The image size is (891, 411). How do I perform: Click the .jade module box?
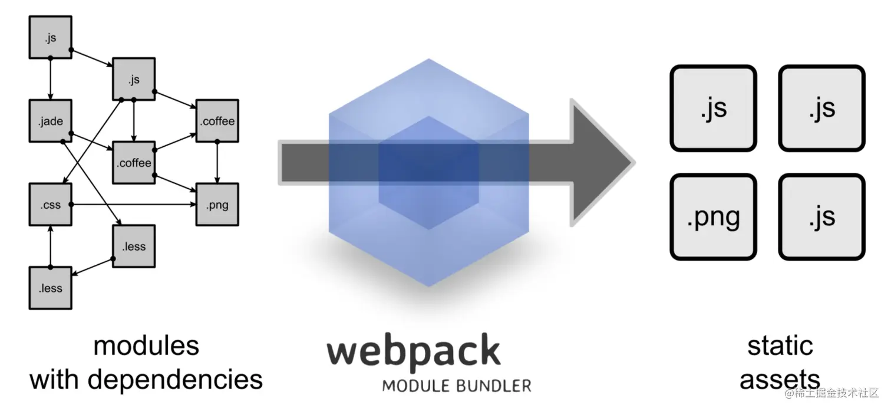50,121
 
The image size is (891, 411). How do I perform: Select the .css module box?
50,205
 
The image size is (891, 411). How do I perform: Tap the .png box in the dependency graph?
217,205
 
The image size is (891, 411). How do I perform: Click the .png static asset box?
713,217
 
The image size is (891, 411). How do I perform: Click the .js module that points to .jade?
50,37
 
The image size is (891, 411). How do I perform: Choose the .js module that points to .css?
134,79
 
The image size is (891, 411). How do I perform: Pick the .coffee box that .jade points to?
134,163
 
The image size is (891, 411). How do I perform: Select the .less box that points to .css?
50,288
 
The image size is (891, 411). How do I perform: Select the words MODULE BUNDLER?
456,386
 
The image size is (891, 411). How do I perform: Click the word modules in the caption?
146,346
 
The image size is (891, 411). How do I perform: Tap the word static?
780,346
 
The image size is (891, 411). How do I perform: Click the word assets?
780,379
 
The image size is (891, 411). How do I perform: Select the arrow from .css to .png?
136,205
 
